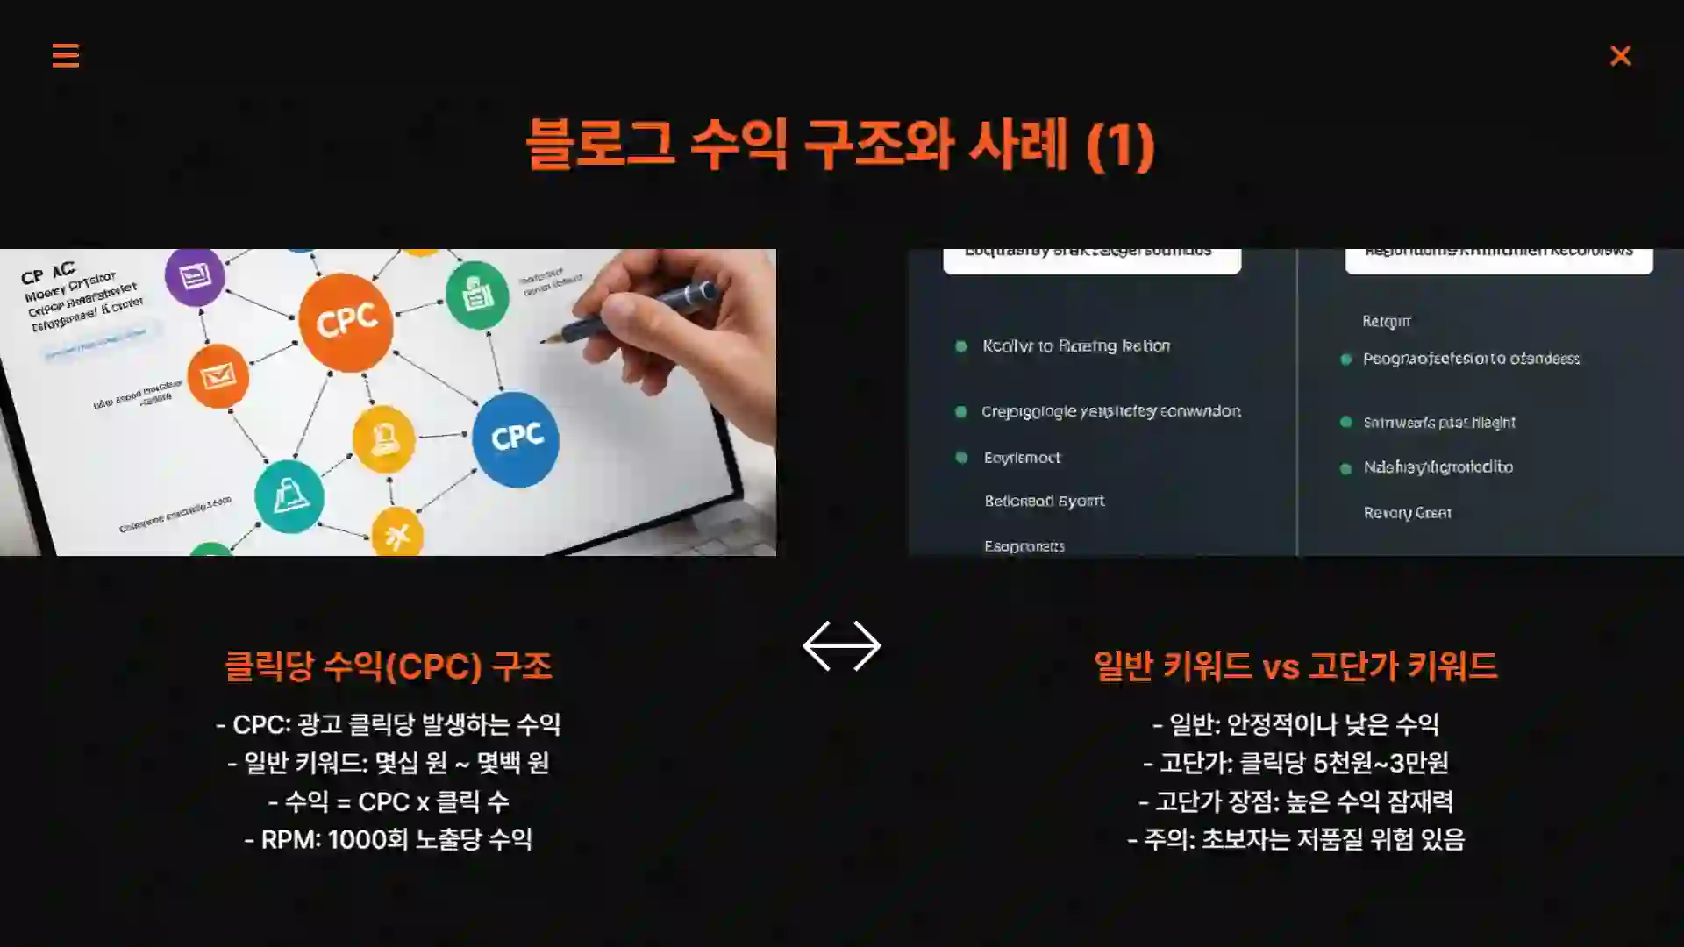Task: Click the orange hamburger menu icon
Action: pyautogui.click(x=66, y=55)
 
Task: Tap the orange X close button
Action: pyautogui.click(x=1620, y=56)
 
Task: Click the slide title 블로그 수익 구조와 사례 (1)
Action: pyautogui.click(x=840, y=145)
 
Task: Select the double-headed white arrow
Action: pyautogui.click(x=841, y=646)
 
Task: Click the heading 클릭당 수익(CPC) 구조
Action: pyautogui.click(x=388, y=666)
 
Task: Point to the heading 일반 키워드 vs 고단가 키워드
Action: pyautogui.click(x=1295, y=666)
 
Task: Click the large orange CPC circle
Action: pyautogui.click(x=346, y=322)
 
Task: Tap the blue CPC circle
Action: pyautogui.click(x=516, y=438)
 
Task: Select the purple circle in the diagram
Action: pyautogui.click(x=195, y=276)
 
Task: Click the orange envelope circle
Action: pyautogui.click(x=218, y=377)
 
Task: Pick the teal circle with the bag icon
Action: pyautogui.click(x=289, y=496)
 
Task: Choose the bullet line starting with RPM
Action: pyautogui.click(x=388, y=840)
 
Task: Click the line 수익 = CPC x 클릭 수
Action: pyautogui.click(x=388, y=801)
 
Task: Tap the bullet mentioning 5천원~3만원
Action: pyautogui.click(x=1295, y=763)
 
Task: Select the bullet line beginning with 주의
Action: pyautogui.click(x=1295, y=840)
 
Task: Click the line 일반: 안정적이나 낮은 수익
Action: pyautogui.click(x=1295, y=724)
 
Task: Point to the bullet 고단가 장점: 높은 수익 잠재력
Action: pyautogui.click(x=1295, y=801)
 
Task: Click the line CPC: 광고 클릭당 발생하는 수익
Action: pyautogui.click(x=388, y=724)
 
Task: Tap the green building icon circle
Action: pyautogui.click(x=477, y=295)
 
